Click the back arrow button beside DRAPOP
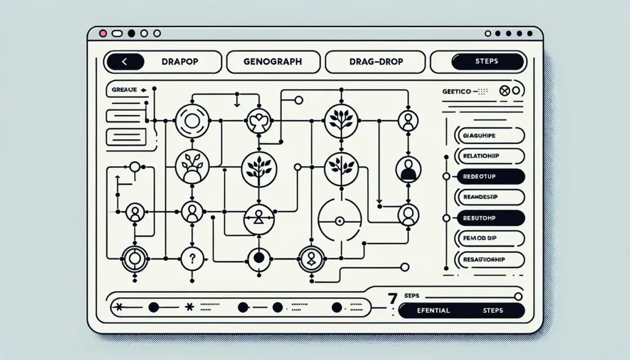click(125, 62)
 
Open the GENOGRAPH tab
click(273, 62)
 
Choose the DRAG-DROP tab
click(375, 62)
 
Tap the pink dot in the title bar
click(102, 33)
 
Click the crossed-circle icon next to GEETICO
click(504, 90)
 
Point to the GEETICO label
click(457, 91)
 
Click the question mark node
click(191, 258)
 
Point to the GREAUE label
click(126, 90)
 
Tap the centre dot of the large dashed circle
click(338, 221)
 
